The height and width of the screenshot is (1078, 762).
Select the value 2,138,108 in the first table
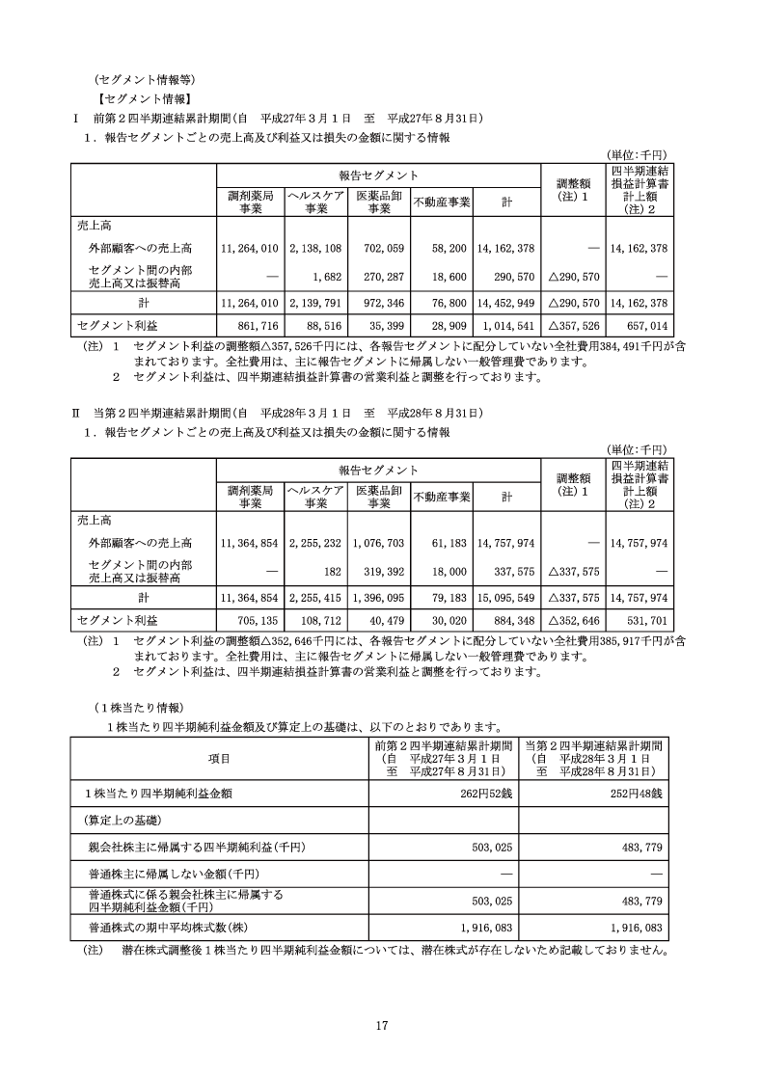coord(315,248)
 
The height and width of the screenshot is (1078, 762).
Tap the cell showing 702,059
coord(380,248)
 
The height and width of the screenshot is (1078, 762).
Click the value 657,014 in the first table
coord(640,329)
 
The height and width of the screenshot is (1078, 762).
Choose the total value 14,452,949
coord(506,303)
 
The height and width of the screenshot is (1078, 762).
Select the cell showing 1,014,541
coord(506,329)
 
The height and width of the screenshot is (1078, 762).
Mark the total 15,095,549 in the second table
coord(506,599)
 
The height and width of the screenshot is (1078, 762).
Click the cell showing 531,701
coord(640,623)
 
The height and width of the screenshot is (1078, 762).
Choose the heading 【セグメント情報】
coord(144,97)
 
